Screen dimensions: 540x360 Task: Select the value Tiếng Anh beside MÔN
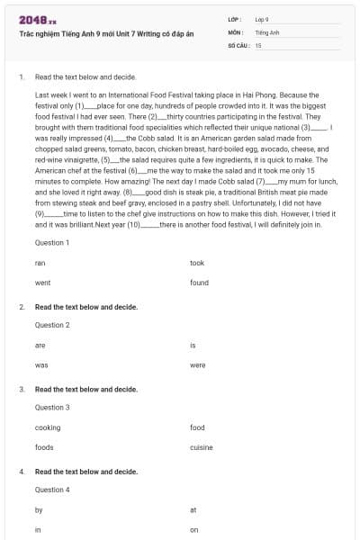tap(267, 31)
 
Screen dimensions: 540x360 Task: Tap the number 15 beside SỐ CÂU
tap(258, 44)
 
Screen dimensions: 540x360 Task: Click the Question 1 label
tap(51, 243)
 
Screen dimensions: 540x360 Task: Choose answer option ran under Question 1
tap(40, 263)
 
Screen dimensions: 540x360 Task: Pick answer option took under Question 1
tap(197, 263)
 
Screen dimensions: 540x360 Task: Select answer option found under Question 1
tap(199, 283)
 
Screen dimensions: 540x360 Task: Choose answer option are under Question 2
tap(40, 345)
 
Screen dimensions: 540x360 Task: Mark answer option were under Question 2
tap(198, 365)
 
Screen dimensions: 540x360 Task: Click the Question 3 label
tap(51, 407)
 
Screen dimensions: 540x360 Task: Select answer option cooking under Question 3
tap(48, 427)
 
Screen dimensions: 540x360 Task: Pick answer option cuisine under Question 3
tap(202, 447)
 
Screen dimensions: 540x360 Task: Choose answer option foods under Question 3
tap(44, 447)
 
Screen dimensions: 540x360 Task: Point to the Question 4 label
tap(51, 490)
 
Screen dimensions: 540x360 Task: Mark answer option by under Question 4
tap(39, 509)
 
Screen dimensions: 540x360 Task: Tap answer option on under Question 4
tap(194, 530)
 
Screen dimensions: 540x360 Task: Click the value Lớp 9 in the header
tap(262, 18)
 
